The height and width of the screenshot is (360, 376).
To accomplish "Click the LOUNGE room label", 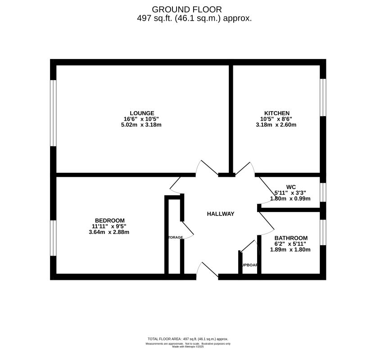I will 142,113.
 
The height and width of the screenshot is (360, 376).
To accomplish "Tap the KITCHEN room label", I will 276,113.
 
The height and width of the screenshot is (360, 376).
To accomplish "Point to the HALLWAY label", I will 221,214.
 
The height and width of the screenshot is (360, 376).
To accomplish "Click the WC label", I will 290,187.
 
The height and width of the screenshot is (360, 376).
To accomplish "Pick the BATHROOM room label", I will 291,238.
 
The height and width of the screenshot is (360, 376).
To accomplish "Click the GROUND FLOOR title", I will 187,9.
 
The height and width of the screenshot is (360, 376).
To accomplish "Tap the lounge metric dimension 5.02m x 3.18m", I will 142,125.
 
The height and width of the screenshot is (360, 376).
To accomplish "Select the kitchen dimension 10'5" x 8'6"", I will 276,119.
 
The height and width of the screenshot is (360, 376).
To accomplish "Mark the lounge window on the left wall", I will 53,113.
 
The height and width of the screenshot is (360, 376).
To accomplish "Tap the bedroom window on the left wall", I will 53,238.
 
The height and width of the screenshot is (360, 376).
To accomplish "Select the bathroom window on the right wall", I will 322,232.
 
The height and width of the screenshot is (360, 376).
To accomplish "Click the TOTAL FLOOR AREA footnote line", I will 188,339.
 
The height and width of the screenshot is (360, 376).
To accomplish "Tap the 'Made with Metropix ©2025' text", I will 188,346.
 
